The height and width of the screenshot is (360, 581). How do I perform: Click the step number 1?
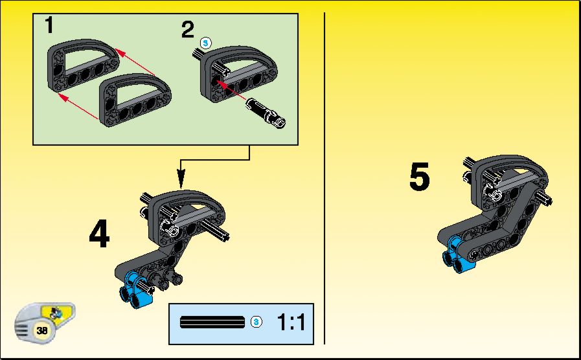[49, 25]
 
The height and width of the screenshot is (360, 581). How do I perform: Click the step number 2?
[187, 30]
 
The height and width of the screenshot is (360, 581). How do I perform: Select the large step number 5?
[420, 177]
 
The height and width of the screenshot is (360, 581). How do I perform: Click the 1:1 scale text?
[291, 322]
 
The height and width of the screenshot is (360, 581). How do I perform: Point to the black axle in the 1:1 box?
[212, 322]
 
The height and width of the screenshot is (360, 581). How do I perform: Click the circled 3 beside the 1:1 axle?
[256, 322]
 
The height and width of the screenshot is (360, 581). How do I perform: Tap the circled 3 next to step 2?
[205, 43]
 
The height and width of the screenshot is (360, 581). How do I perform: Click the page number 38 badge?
[42, 330]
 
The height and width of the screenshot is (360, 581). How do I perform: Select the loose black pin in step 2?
[266, 113]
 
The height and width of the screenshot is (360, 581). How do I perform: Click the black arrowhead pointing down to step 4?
[181, 179]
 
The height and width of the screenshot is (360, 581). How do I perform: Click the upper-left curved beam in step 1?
[82, 67]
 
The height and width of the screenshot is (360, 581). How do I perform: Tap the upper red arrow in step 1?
[135, 62]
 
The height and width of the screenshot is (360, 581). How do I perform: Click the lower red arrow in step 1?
[78, 107]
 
